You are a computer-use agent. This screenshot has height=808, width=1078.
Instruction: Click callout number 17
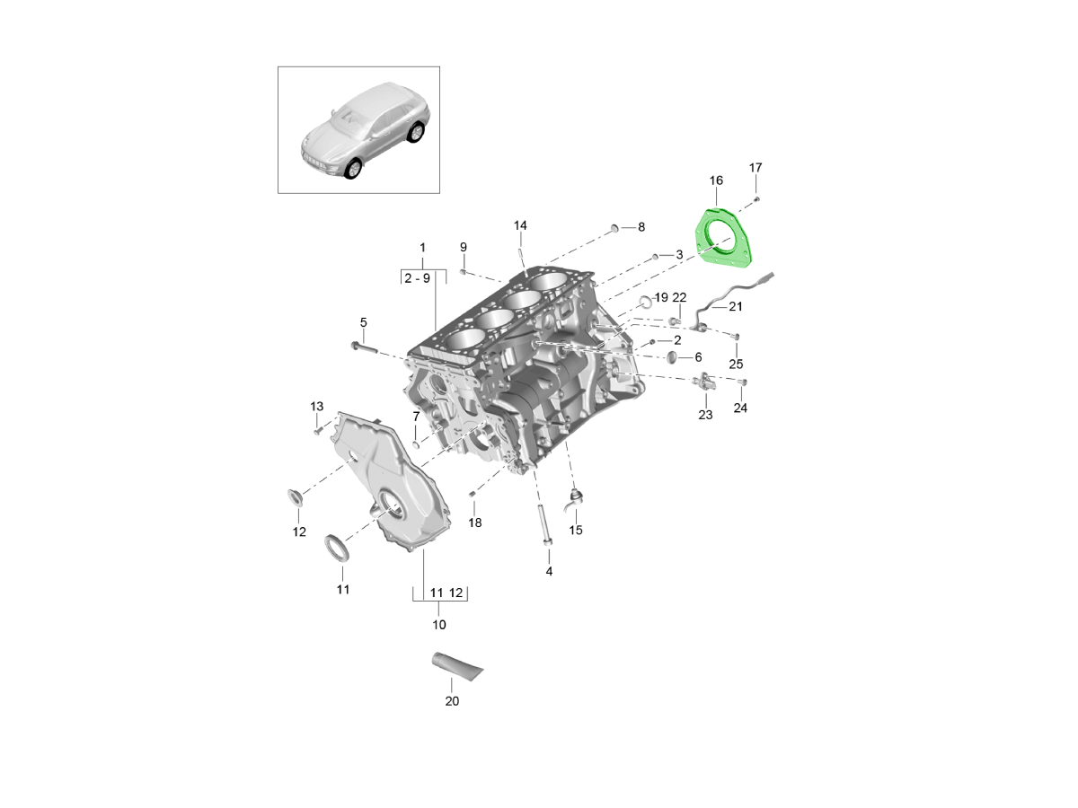[755, 168]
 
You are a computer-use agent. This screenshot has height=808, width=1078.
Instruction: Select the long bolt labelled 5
[365, 347]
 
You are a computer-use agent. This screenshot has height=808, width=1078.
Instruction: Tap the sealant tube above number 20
[456, 666]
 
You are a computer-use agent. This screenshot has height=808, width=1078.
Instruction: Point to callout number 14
[520, 225]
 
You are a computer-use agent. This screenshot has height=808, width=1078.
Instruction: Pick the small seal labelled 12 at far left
[296, 499]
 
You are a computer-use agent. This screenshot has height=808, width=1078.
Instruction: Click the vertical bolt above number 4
[545, 525]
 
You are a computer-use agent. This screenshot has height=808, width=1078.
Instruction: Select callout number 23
[705, 415]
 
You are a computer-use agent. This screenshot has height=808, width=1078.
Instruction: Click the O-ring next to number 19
[645, 302]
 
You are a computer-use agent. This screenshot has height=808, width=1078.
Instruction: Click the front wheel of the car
[353, 169]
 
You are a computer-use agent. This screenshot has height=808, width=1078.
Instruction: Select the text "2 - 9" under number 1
[417, 278]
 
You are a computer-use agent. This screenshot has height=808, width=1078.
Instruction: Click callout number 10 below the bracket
[438, 625]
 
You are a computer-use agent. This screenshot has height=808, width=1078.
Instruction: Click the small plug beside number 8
[614, 227]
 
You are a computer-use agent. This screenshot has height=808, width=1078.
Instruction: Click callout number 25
[736, 364]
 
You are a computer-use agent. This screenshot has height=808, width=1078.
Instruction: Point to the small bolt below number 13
[317, 432]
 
